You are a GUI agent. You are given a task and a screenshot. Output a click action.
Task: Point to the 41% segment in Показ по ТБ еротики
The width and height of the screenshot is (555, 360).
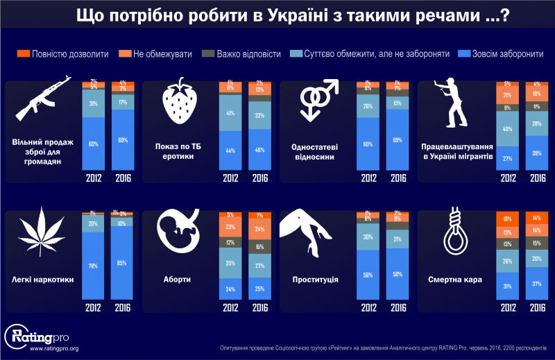(230, 113)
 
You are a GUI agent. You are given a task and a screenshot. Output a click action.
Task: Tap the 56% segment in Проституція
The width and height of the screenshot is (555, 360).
(368, 274)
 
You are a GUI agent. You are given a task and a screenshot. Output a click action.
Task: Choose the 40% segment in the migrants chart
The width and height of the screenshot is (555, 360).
(507, 128)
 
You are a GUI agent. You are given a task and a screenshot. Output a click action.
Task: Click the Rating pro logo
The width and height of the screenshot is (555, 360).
(35, 336)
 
